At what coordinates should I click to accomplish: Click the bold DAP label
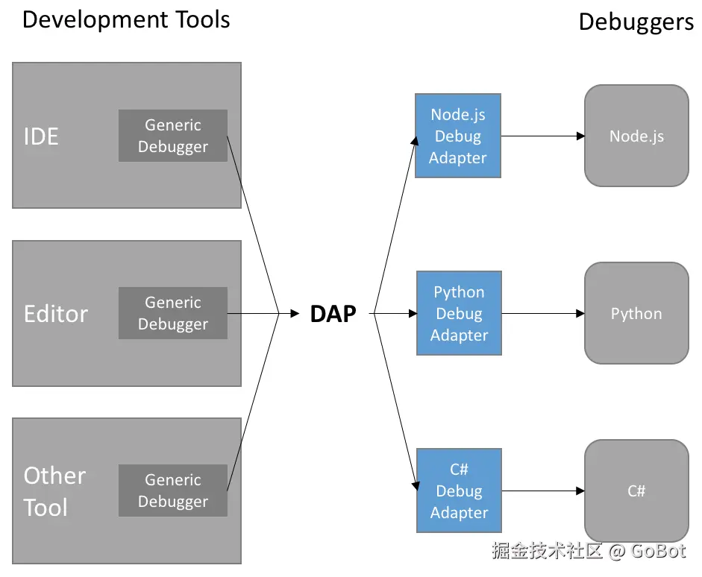tap(333, 314)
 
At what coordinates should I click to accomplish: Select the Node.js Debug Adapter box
tap(458, 136)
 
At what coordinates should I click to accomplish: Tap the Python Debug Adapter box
tap(459, 313)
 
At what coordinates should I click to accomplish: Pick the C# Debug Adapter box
tap(459, 491)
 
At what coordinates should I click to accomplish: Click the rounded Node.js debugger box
tap(636, 136)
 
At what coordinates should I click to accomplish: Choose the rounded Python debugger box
tap(636, 313)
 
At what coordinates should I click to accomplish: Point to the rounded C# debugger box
tap(636, 491)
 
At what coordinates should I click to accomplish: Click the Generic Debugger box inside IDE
tap(173, 136)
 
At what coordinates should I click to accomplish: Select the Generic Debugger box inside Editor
tap(173, 313)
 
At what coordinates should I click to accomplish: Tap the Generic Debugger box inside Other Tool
tap(173, 491)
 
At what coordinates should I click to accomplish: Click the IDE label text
tap(41, 136)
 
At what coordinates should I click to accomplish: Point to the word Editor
tap(56, 314)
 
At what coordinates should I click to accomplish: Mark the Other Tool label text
tap(54, 491)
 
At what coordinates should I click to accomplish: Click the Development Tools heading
tap(126, 19)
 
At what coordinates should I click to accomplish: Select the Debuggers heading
tap(636, 22)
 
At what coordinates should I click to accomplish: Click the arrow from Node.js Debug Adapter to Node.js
tap(542, 136)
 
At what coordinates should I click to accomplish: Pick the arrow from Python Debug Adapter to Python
tap(543, 314)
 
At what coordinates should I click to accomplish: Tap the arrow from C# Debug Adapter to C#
tap(543, 491)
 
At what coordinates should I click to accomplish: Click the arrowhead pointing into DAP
tap(295, 314)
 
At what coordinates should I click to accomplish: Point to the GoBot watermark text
tap(658, 551)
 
